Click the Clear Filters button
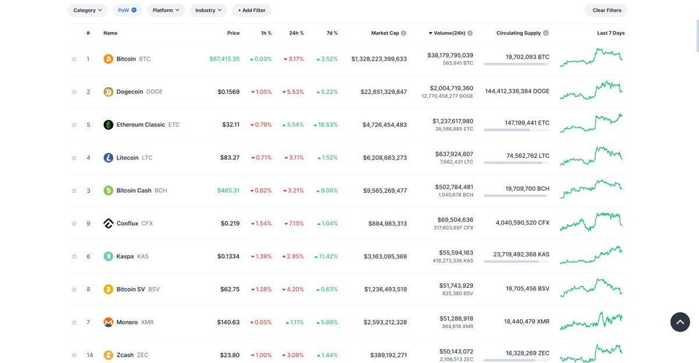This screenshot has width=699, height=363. tap(606, 10)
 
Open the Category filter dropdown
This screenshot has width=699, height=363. tap(87, 10)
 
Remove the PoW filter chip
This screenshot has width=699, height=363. tap(134, 10)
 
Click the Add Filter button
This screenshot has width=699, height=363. tap(252, 10)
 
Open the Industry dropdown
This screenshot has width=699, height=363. tap(209, 10)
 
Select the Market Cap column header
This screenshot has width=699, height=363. tap(385, 33)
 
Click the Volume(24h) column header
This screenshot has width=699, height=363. tap(449, 33)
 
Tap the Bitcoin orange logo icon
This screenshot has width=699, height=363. tap(108, 59)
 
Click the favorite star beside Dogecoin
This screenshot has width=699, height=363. tap(74, 91)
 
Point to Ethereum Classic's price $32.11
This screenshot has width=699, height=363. tap(231, 125)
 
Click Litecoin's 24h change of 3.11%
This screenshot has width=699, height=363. tap(294, 158)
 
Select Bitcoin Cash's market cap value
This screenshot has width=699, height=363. tap(385, 191)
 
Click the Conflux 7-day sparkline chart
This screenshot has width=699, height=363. tap(591, 222)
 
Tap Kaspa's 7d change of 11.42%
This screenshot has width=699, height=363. tap(326, 256)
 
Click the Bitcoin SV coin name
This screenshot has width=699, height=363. tap(130, 290)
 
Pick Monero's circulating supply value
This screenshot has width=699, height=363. tap(527, 322)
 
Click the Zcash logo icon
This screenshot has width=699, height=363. tap(108, 355)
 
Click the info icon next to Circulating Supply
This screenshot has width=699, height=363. tap(545, 33)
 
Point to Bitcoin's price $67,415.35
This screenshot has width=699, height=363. tap(224, 59)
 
